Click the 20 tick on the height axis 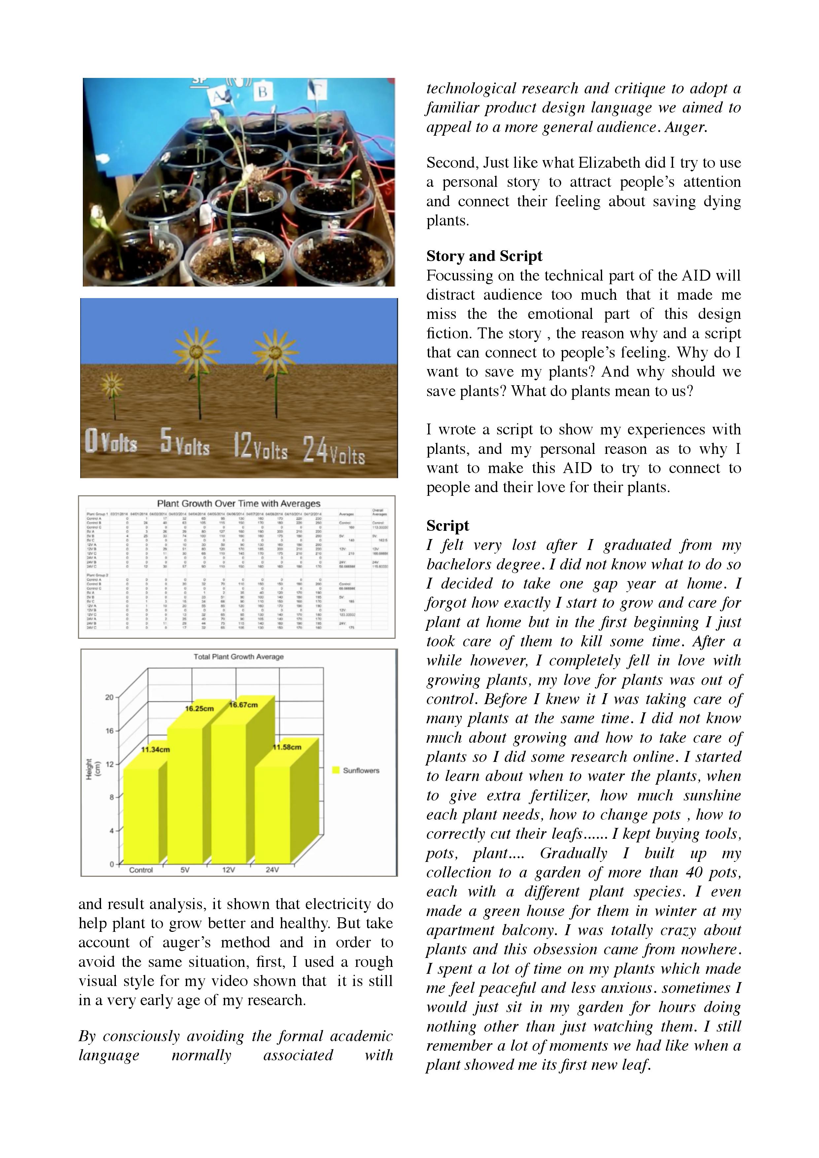pyautogui.click(x=109, y=698)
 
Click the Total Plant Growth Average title pyautogui.click(x=239, y=657)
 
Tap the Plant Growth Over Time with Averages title pyautogui.click(x=239, y=503)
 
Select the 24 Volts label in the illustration pyautogui.click(x=334, y=450)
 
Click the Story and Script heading pyautogui.click(x=484, y=256)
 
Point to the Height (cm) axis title pyautogui.click(x=93, y=770)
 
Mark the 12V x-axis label pyautogui.click(x=228, y=870)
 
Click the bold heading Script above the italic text pyautogui.click(x=447, y=526)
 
